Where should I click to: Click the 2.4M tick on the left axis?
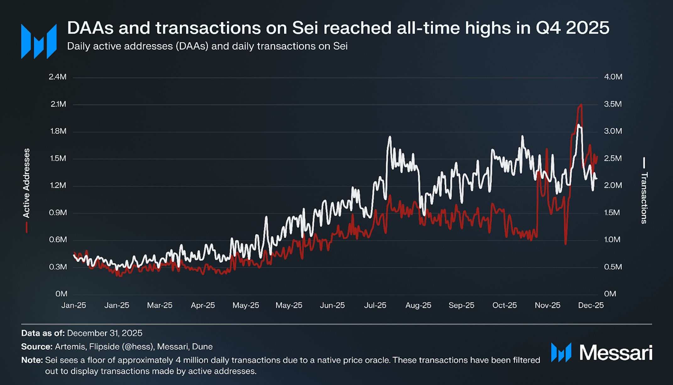57,77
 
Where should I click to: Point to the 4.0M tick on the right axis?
613,77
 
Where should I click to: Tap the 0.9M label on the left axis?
58,213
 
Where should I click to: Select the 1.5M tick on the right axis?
612,213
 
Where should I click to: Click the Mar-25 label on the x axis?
160,305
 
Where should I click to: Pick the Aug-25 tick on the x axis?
418,305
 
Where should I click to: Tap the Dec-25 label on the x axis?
591,305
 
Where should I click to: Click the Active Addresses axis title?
26,183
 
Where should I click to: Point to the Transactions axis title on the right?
644,198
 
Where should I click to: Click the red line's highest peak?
581,105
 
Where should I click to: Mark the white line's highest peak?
578,125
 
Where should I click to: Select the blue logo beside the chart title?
39,41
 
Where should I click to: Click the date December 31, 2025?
105,333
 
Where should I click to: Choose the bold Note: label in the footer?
32,360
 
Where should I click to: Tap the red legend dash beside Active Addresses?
27,227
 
